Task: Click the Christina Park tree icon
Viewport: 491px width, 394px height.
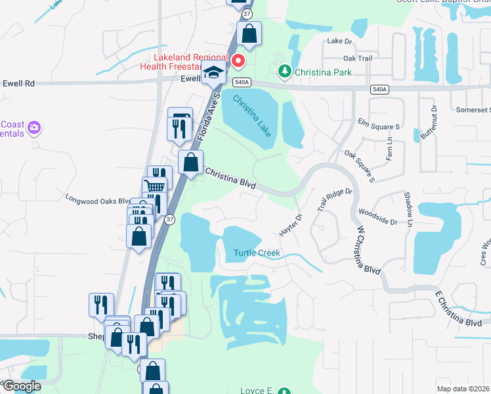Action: (x=285, y=71)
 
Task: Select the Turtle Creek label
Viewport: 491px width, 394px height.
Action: (x=257, y=253)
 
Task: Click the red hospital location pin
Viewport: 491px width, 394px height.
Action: (x=238, y=62)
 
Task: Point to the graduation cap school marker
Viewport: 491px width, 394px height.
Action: (x=213, y=74)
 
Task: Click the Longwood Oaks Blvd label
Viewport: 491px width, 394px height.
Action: (x=97, y=198)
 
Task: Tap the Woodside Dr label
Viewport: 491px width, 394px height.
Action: (x=377, y=217)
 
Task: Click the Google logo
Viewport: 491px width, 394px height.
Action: (x=22, y=386)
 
